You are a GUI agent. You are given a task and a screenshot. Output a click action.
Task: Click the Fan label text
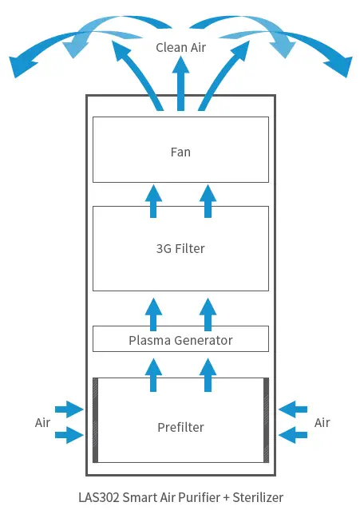click(180, 152)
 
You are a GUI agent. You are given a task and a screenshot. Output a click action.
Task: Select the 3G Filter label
click(180, 248)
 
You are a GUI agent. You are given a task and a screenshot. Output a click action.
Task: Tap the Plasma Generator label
click(180, 340)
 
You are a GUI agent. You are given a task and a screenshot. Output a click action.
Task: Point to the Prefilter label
click(180, 427)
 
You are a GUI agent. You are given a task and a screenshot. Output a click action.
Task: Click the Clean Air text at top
click(180, 48)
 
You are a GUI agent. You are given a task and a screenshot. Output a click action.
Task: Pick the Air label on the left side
click(44, 422)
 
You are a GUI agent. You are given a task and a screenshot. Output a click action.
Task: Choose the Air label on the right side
click(322, 422)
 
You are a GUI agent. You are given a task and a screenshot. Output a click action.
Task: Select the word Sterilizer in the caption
click(256, 496)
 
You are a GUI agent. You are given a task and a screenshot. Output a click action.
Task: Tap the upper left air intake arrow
click(69, 410)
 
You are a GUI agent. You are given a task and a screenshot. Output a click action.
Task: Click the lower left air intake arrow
click(69, 435)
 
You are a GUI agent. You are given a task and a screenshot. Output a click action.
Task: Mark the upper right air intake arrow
click(293, 410)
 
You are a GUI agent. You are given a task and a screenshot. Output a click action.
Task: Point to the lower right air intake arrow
click(293, 435)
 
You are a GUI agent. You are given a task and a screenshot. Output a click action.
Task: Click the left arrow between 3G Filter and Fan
click(153, 200)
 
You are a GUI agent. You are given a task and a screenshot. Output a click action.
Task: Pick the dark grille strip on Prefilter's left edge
click(96, 420)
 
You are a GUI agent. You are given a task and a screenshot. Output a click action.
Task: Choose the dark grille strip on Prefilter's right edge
click(266, 420)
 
